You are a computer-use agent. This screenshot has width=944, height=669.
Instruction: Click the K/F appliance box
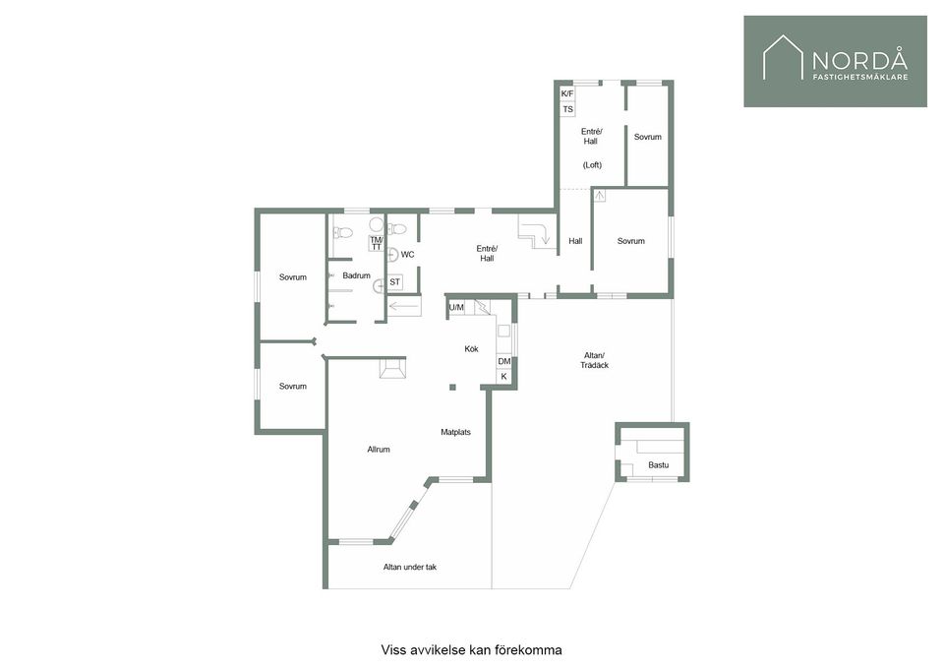pyautogui.click(x=567, y=93)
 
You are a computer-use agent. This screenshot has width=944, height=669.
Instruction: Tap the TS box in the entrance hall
pyautogui.click(x=567, y=109)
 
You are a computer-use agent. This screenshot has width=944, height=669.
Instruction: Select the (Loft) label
pyautogui.click(x=592, y=165)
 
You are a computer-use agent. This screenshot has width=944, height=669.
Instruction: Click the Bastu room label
pyautogui.click(x=659, y=465)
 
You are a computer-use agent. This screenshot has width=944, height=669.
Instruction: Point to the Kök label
pyautogui.click(x=471, y=349)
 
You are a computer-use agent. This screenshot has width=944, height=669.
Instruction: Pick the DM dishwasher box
pyautogui.click(x=503, y=361)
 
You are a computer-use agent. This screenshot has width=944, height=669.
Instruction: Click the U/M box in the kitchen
pyautogui.click(x=456, y=308)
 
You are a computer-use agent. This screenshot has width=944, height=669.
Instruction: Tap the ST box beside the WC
pyautogui.click(x=395, y=281)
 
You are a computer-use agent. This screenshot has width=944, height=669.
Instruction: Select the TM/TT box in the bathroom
pyautogui.click(x=377, y=243)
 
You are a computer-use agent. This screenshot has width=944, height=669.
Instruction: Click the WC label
pyautogui.click(x=407, y=255)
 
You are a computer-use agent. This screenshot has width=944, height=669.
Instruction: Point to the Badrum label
pyautogui.click(x=356, y=275)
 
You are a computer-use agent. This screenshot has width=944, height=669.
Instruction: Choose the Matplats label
pyautogui.click(x=455, y=432)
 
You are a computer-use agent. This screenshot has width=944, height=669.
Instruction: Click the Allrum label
pyautogui.click(x=379, y=450)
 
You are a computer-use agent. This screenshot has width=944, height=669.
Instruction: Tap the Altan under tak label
pyautogui.click(x=410, y=567)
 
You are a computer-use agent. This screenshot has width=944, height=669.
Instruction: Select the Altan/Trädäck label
pyautogui.click(x=594, y=360)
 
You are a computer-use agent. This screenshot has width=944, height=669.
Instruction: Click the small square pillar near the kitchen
pyautogui.click(x=452, y=388)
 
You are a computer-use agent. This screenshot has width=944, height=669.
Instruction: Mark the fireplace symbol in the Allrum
pyautogui.click(x=392, y=369)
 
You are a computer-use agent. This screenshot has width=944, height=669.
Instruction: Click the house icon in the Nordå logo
pyautogui.click(x=784, y=57)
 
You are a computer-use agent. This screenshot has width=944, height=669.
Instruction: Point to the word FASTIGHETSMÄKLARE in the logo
pyautogui.click(x=860, y=77)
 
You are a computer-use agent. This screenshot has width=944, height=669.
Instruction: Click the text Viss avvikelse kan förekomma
pyautogui.click(x=471, y=650)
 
